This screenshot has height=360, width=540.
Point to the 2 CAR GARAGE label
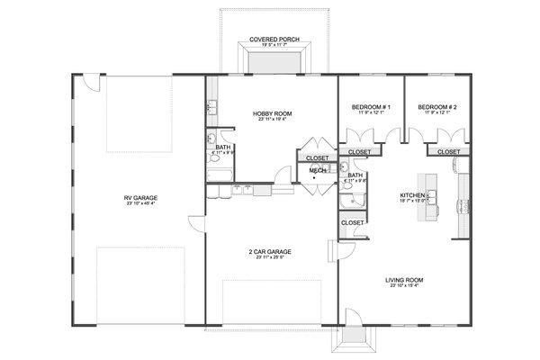click(x=271, y=251)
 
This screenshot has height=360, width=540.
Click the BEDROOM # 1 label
click(x=370, y=108)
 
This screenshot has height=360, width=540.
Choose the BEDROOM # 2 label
click(x=437, y=108)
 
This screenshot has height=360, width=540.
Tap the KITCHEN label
click(x=413, y=194)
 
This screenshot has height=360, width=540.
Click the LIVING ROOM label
click(x=404, y=280)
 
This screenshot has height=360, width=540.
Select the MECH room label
click(x=317, y=170)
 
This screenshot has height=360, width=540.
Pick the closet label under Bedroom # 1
click(x=359, y=152)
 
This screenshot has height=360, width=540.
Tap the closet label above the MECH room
click(x=317, y=157)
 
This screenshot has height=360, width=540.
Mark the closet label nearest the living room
click(x=353, y=221)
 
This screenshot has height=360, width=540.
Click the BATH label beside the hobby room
click(x=220, y=147)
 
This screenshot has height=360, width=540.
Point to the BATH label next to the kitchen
click(x=355, y=175)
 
